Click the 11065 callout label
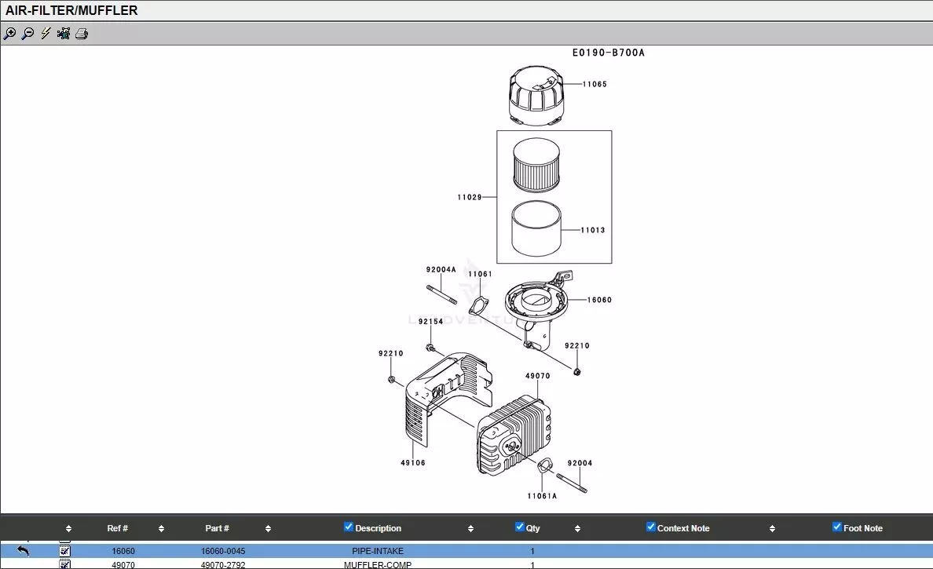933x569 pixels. click(x=595, y=84)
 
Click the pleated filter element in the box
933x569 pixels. click(x=536, y=163)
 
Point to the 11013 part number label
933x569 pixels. click(x=593, y=230)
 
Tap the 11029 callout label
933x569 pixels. click(x=470, y=197)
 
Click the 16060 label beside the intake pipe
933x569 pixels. click(x=599, y=300)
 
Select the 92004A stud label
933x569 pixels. click(x=441, y=269)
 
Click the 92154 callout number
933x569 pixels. click(x=430, y=321)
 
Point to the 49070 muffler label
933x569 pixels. click(x=537, y=376)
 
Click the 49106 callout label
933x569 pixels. click(x=413, y=463)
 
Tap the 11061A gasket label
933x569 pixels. click(x=542, y=495)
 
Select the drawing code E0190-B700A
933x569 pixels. click(x=608, y=53)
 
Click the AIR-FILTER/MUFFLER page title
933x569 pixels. click(x=71, y=10)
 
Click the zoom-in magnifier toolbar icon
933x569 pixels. click(x=9, y=34)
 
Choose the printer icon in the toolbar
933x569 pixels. click(x=82, y=34)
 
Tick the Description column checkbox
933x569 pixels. click(x=349, y=527)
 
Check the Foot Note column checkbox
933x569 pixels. click(x=836, y=527)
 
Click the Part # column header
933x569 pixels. click(x=217, y=528)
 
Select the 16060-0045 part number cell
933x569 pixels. click(x=223, y=551)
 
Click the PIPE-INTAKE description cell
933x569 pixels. click(x=378, y=551)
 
